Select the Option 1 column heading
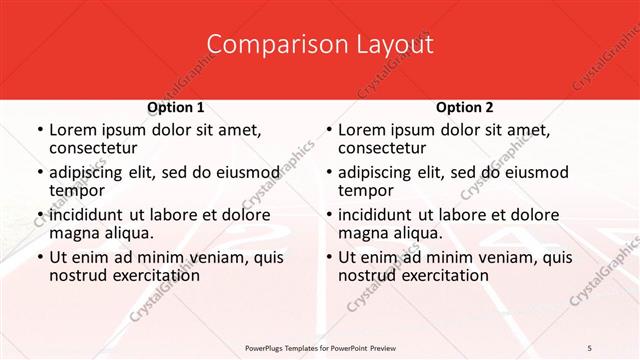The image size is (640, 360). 176,107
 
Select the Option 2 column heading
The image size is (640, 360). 464,107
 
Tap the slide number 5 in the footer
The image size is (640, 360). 590,347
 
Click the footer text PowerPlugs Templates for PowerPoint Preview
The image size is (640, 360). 320,347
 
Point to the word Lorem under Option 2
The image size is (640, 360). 362,130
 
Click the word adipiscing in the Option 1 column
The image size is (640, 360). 92,172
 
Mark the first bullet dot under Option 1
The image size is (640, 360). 39,131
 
